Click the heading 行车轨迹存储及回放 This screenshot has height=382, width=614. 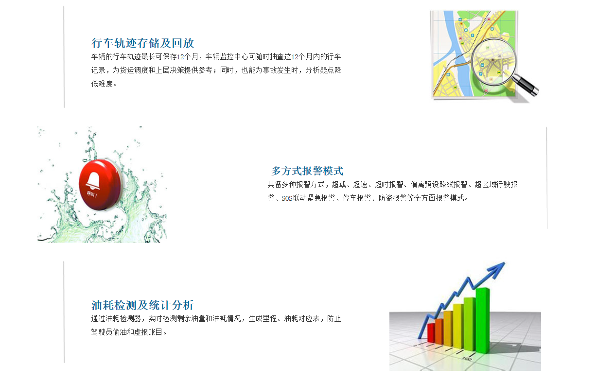[142, 43]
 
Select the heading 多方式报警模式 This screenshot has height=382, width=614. [307, 171]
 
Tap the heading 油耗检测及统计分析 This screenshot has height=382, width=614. [142, 305]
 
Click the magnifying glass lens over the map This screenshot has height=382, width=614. [493, 62]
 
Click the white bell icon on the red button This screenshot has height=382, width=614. [93, 181]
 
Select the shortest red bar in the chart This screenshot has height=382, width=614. [431, 332]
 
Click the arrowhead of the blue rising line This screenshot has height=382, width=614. [497, 270]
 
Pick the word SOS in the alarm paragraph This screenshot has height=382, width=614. [287, 198]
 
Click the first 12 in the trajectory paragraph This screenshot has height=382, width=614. [180, 57]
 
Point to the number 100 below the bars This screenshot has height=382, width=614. [467, 359]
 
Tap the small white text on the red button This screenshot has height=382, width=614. [92, 194]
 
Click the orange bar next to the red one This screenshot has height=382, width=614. [439, 331]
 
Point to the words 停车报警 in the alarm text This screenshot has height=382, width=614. [357, 198]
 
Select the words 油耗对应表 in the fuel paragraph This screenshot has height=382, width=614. [302, 318]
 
